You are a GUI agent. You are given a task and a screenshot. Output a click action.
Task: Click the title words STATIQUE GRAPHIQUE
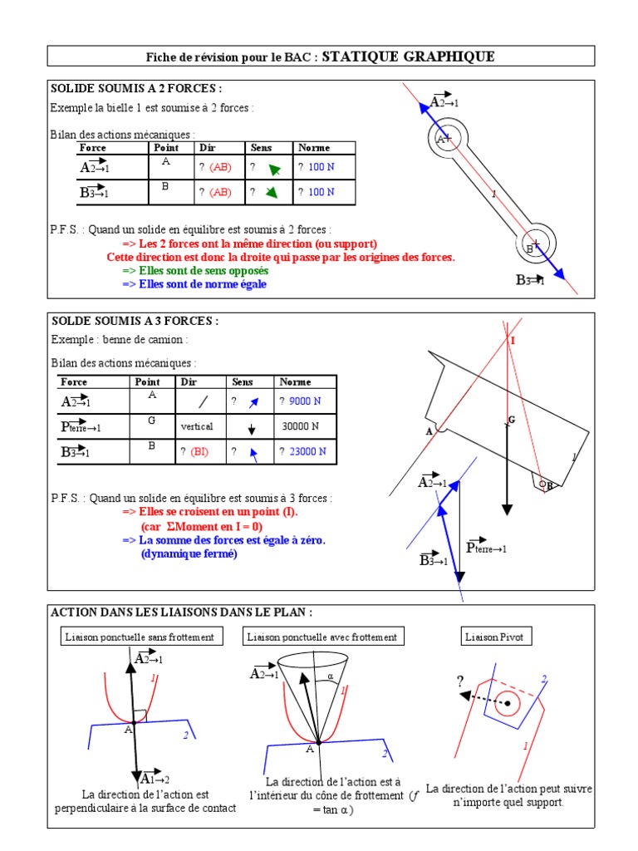click(408, 57)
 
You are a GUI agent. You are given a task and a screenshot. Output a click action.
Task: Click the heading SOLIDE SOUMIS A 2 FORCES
click(137, 89)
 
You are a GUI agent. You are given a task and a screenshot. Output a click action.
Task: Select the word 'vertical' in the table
click(197, 426)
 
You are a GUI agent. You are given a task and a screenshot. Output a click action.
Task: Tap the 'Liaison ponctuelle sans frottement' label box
click(140, 637)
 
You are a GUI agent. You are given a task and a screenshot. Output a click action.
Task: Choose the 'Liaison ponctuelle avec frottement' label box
click(321, 637)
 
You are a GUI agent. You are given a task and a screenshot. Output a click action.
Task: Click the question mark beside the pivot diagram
click(459, 681)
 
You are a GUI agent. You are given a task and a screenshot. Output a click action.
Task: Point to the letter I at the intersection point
click(513, 341)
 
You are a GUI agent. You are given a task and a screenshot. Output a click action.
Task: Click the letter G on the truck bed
click(512, 420)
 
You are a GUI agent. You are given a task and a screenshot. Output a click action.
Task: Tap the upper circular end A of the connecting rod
click(447, 139)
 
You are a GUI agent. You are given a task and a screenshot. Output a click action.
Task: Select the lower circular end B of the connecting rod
click(534, 244)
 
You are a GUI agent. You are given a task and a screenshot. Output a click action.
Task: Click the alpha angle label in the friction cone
click(329, 676)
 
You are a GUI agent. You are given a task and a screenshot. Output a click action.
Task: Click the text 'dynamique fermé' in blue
click(189, 553)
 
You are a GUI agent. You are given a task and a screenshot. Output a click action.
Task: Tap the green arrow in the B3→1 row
click(270, 193)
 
